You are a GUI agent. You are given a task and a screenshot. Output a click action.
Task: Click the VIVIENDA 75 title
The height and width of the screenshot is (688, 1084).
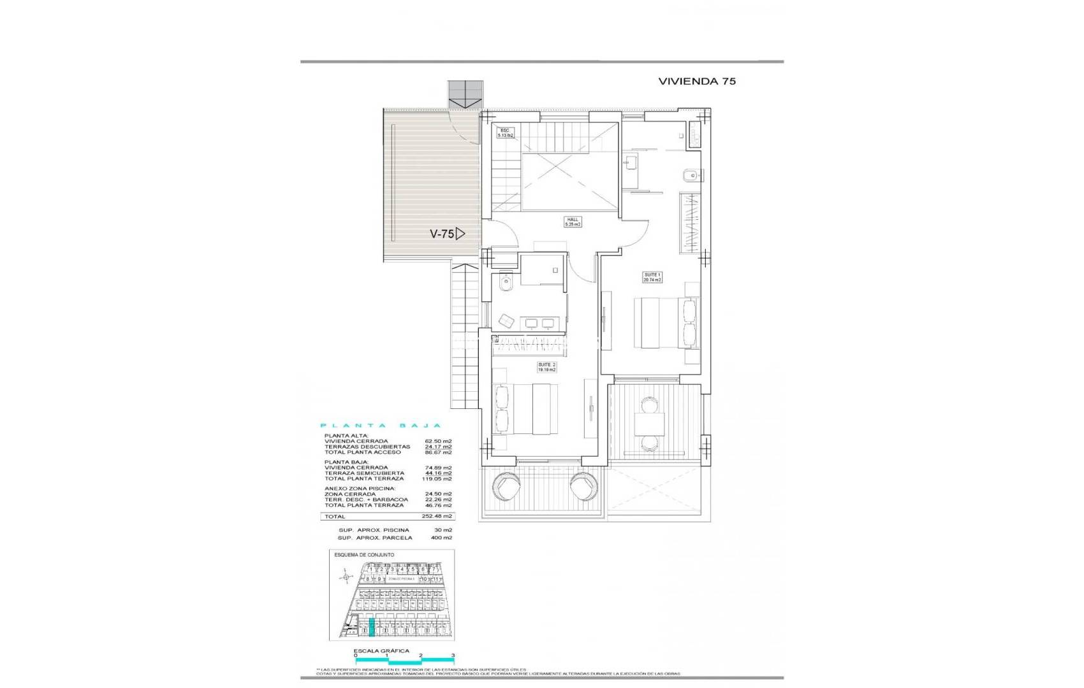[x=697, y=82]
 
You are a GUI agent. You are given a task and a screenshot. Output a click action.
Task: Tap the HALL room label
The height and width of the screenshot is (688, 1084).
[x=573, y=222]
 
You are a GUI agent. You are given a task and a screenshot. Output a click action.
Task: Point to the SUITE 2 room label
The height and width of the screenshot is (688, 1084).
[x=546, y=367]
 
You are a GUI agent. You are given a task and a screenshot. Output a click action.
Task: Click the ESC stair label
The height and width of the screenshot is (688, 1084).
[x=505, y=133]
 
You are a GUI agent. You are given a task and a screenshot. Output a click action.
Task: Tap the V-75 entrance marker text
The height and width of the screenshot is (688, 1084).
[x=442, y=234]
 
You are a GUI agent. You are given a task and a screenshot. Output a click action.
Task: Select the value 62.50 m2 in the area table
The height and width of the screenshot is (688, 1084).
[x=438, y=441]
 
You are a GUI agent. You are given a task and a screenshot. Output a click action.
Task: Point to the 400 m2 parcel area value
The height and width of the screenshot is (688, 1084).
[x=441, y=538]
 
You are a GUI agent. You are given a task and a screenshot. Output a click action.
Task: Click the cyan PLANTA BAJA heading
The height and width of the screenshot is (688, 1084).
[x=381, y=426]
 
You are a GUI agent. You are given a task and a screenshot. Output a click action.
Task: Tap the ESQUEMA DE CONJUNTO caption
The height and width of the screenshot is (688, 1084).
[x=364, y=555]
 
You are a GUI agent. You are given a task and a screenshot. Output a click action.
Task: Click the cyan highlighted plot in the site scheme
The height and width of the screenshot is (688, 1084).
[x=372, y=627]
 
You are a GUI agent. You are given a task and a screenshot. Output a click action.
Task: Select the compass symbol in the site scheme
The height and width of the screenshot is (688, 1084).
[x=346, y=578]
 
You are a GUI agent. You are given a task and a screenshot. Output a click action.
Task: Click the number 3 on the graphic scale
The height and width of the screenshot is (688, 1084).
[x=453, y=655]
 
